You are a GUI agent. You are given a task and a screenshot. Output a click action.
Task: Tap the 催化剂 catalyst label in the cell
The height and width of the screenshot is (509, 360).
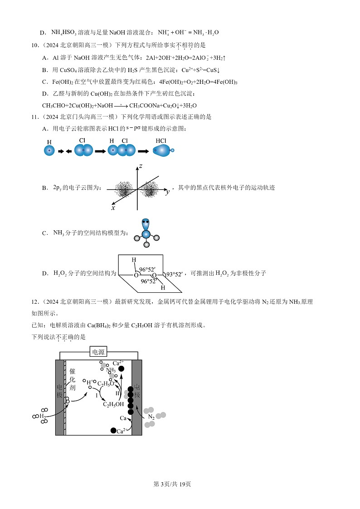point(73,380)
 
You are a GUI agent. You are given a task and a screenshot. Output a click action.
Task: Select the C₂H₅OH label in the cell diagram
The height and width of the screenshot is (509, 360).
point(113,405)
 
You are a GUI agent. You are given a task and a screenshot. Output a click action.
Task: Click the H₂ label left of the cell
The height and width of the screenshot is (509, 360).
point(42,416)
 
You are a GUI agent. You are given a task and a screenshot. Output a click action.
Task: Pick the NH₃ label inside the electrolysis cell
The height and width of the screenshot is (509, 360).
point(111,370)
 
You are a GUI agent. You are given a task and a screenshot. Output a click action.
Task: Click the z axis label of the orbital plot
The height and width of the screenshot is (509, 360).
point(141,166)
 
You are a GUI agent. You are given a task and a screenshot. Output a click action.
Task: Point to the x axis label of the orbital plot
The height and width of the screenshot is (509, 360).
point(113,208)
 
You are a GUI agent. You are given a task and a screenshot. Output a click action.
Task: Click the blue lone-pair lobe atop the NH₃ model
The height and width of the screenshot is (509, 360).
point(146,224)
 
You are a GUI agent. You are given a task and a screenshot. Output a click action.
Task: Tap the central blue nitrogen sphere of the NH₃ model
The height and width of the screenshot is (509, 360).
point(146,234)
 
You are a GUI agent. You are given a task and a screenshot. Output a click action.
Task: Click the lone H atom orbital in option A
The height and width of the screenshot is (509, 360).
point(49,150)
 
